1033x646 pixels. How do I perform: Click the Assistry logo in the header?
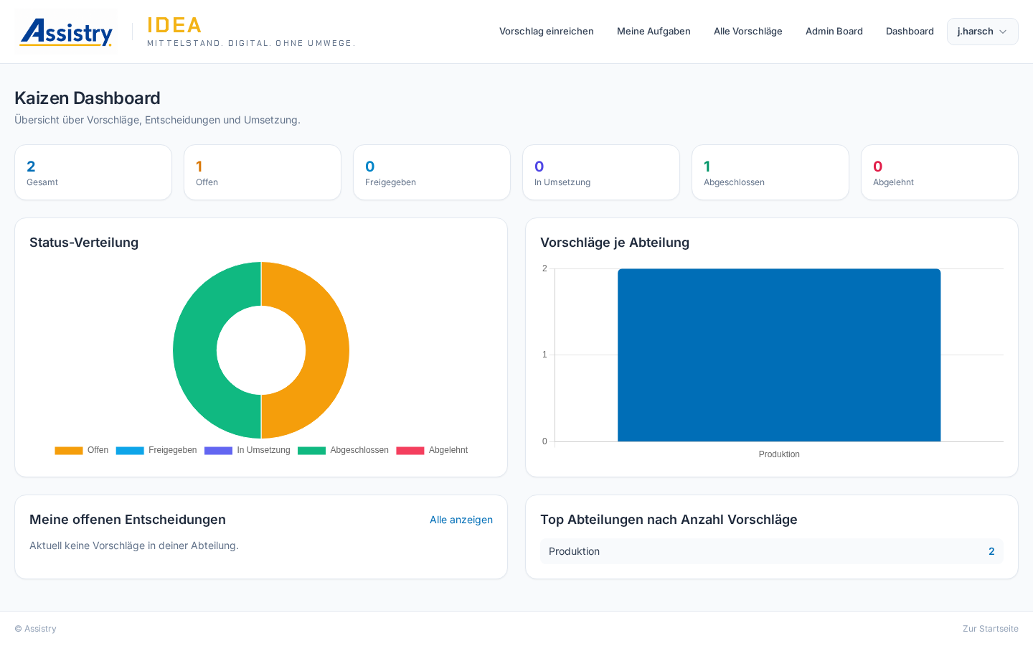(x=66, y=32)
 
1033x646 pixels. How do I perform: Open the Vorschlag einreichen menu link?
(x=547, y=32)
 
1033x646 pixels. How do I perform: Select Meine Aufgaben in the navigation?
(x=654, y=32)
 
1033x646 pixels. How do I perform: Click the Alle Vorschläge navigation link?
(x=748, y=32)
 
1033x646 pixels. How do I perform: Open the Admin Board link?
(x=834, y=32)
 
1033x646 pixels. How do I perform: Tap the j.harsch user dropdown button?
(x=982, y=32)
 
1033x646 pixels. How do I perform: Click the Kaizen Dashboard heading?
(x=88, y=98)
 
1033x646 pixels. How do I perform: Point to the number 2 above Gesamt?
(x=31, y=166)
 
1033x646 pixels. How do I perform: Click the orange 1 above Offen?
(x=199, y=166)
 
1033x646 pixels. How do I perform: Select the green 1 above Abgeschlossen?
(x=707, y=166)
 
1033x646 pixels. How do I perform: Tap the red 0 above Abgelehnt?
(x=877, y=166)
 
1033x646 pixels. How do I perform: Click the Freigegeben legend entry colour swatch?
(x=130, y=450)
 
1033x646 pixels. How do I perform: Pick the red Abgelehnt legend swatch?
(x=410, y=450)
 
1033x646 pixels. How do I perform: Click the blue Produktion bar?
(x=779, y=355)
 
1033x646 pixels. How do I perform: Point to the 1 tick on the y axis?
(x=544, y=355)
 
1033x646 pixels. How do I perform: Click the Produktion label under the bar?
(x=779, y=454)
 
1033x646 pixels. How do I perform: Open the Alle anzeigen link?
(x=461, y=520)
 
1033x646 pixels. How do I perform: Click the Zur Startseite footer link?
(x=991, y=629)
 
